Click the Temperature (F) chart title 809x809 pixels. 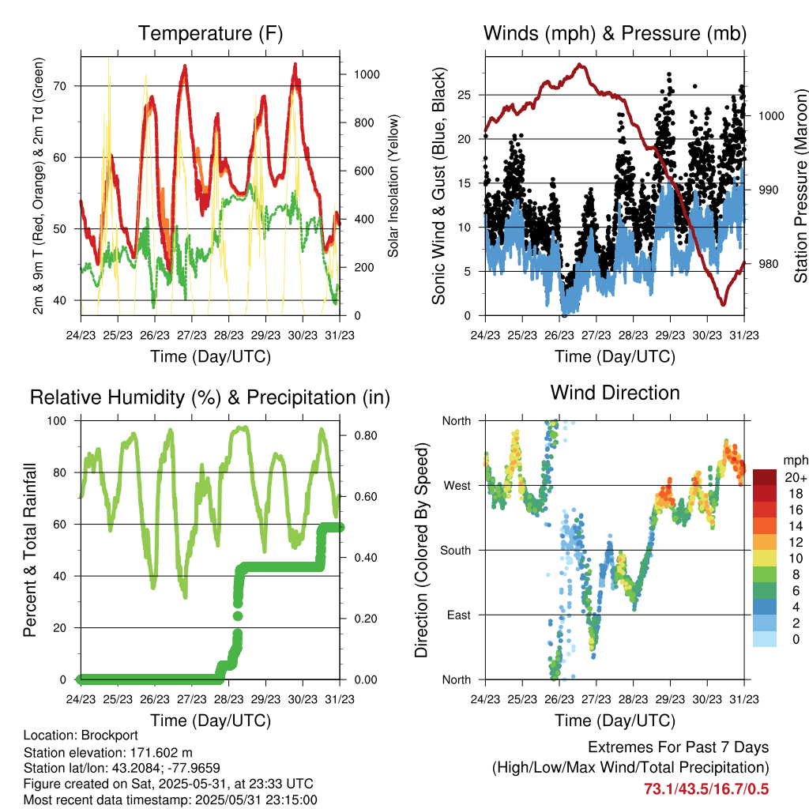(210, 33)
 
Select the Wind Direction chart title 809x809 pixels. (615, 393)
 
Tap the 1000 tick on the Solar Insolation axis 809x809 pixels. (367, 74)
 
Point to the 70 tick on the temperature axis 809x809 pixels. (60, 86)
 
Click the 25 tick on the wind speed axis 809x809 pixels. (464, 95)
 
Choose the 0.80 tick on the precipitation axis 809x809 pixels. (366, 435)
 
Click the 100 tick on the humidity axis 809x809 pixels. (57, 421)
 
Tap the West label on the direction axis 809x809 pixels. (457, 486)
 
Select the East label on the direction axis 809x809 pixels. (459, 615)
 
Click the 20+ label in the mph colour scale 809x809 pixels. (796, 477)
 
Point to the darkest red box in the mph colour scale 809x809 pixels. (765, 477)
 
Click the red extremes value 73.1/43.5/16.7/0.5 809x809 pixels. (706, 789)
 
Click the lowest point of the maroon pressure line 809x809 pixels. (724, 304)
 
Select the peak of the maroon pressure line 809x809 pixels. (581, 65)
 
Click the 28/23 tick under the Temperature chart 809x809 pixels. (228, 335)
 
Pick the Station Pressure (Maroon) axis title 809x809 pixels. (800, 186)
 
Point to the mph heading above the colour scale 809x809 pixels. (796, 461)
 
